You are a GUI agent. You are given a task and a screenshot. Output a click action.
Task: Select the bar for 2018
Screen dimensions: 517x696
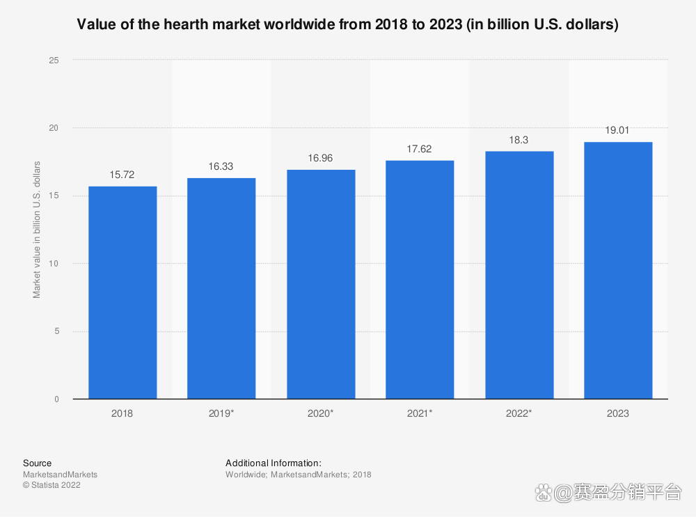click(x=122, y=292)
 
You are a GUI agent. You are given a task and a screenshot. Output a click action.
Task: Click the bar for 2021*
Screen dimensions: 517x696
click(x=420, y=279)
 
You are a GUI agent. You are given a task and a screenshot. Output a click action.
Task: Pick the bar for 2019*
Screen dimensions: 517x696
click(x=221, y=288)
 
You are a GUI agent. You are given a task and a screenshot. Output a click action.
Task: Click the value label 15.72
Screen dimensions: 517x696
click(x=122, y=175)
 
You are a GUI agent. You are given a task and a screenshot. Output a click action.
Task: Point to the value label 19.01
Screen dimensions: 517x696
click(x=617, y=130)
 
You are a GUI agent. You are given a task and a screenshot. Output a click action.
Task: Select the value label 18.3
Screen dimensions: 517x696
click(x=519, y=140)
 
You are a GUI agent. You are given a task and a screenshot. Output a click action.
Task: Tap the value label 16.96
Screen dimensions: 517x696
click(x=320, y=158)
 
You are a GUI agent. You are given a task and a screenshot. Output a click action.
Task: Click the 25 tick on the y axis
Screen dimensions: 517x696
click(x=54, y=61)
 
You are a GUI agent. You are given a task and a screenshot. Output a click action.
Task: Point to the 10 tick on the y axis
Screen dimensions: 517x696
click(x=54, y=264)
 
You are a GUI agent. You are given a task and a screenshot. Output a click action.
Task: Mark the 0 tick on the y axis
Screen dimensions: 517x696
click(x=56, y=399)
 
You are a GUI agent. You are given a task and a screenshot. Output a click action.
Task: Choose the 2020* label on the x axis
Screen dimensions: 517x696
click(x=320, y=413)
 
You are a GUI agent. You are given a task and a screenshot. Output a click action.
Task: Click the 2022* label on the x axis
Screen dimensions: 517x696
click(x=519, y=413)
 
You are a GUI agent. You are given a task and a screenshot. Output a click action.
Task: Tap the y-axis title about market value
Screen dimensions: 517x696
click(x=37, y=230)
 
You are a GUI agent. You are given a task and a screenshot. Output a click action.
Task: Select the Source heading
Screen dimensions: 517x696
click(x=37, y=463)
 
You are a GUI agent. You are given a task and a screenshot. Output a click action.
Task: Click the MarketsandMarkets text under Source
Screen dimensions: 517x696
click(x=60, y=475)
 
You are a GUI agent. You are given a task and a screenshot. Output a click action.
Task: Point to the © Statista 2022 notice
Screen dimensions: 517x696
click(x=52, y=485)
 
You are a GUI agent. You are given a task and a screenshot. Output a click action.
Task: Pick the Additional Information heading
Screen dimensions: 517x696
click(x=273, y=463)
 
